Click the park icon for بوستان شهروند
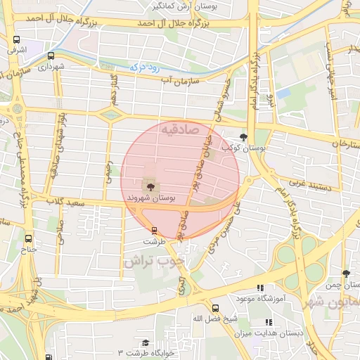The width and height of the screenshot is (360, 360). (150, 186)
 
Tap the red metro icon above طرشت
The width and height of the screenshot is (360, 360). (154, 230)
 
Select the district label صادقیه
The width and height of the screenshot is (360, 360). (180, 130)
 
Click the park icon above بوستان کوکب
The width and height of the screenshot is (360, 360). (243, 137)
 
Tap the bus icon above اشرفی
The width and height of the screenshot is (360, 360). (16, 40)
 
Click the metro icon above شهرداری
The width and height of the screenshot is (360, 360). (51, 56)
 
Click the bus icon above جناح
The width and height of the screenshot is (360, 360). (28, 238)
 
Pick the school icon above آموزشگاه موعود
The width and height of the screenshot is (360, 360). (259, 288)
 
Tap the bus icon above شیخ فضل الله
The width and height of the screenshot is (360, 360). (215, 308)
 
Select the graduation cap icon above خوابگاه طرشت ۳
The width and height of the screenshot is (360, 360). (146, 342)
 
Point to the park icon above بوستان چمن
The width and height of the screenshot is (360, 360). (345, 273)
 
